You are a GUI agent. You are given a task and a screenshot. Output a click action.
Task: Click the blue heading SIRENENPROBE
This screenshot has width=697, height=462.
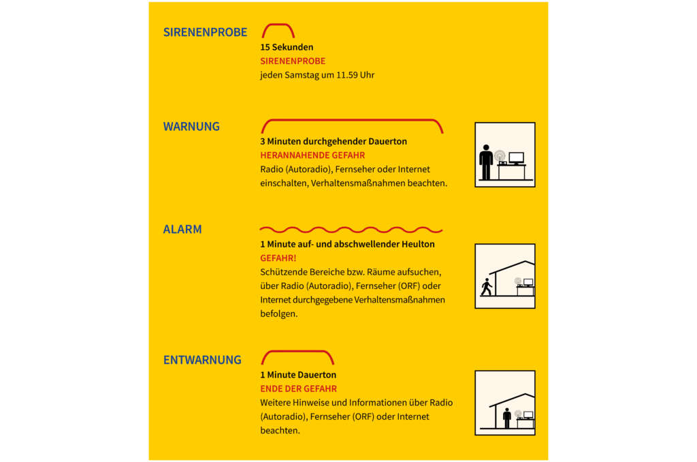[205, 32]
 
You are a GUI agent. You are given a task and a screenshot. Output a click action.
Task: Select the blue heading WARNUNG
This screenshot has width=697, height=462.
[191, 126]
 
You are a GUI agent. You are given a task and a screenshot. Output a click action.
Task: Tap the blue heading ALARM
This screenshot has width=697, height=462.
[182, 229]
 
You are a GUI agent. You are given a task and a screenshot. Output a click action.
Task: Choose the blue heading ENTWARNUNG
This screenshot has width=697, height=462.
[202, 359]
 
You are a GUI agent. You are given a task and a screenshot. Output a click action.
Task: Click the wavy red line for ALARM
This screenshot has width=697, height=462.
[351, 230]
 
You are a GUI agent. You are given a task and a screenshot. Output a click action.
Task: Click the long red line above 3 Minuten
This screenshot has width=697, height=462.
[352, 121]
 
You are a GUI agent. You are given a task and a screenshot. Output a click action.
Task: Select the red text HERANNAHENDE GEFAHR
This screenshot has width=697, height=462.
[312, 155]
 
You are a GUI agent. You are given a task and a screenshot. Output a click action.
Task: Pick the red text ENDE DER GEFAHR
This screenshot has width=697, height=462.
[298, 388]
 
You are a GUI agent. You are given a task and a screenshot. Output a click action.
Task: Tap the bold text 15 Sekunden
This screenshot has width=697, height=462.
[287, 48]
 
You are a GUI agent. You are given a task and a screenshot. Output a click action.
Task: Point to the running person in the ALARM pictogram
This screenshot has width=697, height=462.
[486, 288]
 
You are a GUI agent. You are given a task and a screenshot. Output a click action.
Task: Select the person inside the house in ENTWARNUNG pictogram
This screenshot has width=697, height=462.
[506, 418]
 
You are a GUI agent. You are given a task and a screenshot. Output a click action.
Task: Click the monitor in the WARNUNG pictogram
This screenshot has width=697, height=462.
[516, 158]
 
